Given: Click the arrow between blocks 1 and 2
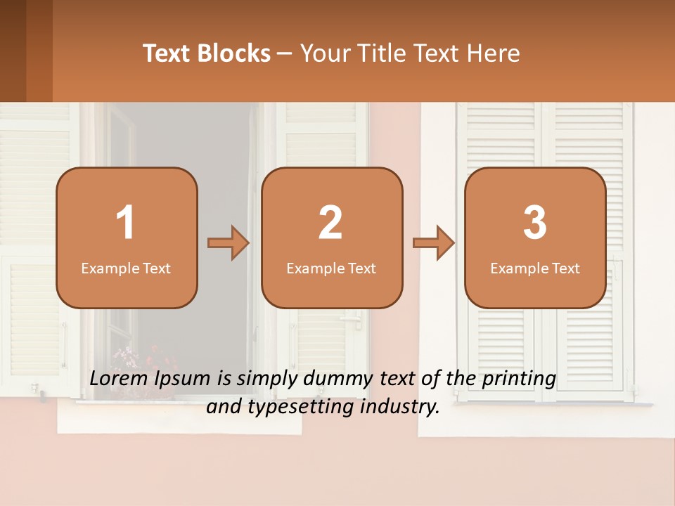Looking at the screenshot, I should click(229, 243).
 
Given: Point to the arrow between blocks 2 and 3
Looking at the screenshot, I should click(434, 243).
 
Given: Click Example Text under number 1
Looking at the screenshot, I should click(126, 268).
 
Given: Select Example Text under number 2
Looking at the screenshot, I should click(331, 268).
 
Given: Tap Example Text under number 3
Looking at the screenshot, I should click(535, 268).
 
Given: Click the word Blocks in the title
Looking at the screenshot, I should click(232, 53).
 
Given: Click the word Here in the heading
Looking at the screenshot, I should click(492, 53).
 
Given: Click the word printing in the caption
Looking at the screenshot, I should click(518, 379).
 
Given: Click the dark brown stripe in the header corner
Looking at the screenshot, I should click(13, 51).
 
